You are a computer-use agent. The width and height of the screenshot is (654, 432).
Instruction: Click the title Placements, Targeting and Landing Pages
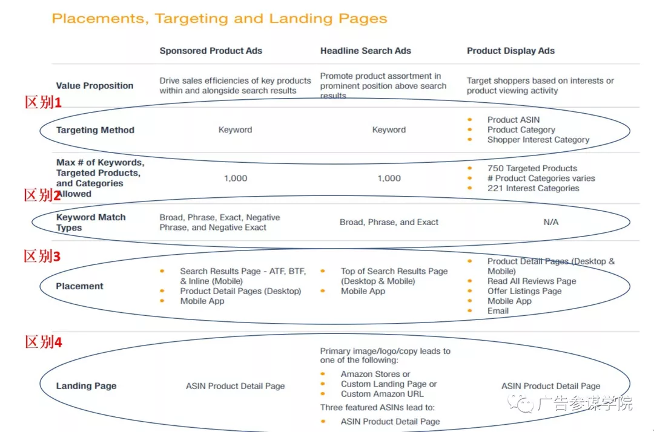click(219, 19)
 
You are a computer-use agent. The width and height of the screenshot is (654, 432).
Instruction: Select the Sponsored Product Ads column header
click(211, 51)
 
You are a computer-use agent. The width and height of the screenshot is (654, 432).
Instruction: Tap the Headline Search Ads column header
click(365, 51)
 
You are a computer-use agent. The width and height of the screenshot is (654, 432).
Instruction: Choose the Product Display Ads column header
click(510, 51)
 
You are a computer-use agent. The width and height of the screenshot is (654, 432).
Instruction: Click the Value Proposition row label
click(94, 86)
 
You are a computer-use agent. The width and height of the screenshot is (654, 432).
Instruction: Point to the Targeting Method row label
click(95, 130)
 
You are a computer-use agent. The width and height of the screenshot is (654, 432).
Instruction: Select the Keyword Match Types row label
click(91, 222)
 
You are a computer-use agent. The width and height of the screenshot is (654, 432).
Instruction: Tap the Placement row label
click(79, 286)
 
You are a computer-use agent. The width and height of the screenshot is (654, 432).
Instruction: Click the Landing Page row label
click(86, 386)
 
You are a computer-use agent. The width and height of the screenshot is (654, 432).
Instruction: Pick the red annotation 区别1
click(42, 103)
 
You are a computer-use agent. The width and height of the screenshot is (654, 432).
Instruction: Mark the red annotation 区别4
click(42, 342)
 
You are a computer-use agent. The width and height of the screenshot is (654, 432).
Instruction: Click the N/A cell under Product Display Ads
click(550, 222)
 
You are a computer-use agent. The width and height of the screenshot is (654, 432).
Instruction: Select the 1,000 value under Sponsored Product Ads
click(235, 178)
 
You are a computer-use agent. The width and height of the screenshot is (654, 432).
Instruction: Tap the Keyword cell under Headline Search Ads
click(389, 130)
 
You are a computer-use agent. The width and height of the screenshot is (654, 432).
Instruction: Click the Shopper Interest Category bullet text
click(538, 140)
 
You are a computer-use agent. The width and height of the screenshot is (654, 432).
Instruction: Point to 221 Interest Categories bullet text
click(533, 188)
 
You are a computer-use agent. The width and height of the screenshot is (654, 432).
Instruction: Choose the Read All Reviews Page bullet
click(531, 281)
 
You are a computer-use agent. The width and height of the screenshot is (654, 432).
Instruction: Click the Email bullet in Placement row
click(498, 311)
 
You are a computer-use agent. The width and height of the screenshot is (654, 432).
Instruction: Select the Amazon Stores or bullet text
click(375, 374)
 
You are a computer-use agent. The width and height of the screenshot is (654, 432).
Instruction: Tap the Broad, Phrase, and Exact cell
click(389, 222)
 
